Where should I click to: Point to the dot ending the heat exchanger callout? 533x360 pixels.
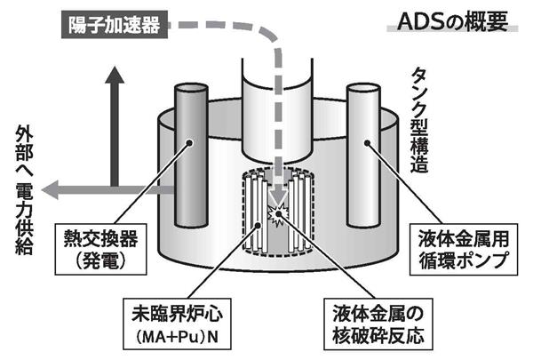tap(189, 141)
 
